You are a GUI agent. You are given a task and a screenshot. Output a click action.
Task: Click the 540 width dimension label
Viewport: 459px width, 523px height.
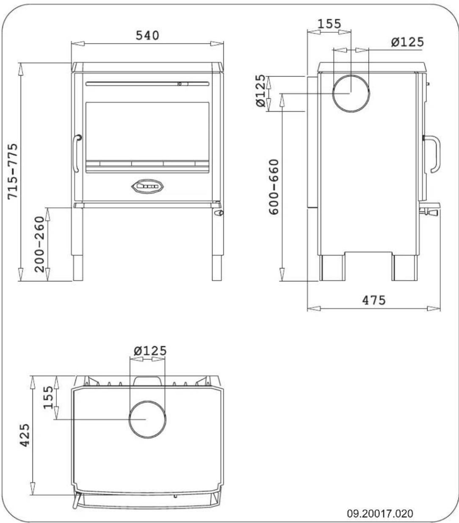point(147,36)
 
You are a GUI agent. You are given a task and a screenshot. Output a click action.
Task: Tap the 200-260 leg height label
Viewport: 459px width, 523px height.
point(40,244)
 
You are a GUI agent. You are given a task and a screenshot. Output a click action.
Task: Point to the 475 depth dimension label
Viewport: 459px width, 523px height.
point(374,300)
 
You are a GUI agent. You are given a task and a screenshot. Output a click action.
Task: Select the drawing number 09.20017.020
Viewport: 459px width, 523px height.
point(380,514)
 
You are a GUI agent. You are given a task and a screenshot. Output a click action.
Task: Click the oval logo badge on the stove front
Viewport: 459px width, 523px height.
point(147,186)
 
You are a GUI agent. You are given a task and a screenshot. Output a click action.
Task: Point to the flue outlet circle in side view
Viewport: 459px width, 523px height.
point(351,93)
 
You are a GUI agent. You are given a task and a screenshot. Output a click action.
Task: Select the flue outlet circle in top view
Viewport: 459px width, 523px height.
point(147,419)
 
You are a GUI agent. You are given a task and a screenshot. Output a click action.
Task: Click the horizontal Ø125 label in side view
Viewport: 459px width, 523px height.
point(407,42)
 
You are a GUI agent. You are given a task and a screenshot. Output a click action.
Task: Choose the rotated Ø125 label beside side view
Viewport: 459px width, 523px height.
point(261,91)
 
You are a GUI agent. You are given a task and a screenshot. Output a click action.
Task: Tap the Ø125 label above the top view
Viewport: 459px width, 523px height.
point(150,351)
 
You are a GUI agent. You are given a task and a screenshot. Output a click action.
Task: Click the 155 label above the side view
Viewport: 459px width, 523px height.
point(329,24)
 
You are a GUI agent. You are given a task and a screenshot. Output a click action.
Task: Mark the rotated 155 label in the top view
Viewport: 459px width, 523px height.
point(49,397)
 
